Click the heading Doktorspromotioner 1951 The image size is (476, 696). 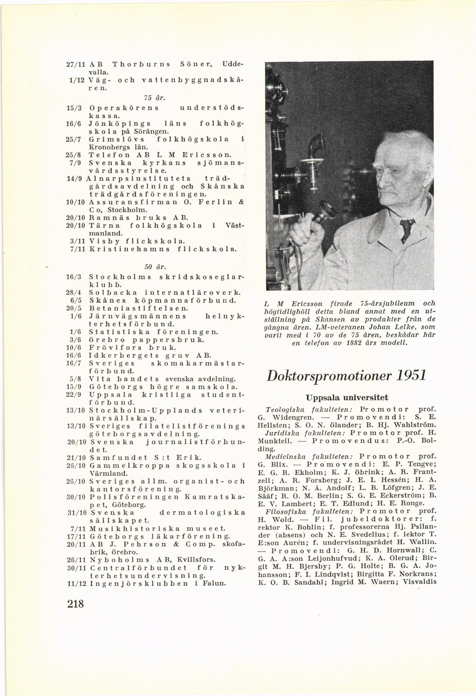pyautogui.click(x=346, y=375)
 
